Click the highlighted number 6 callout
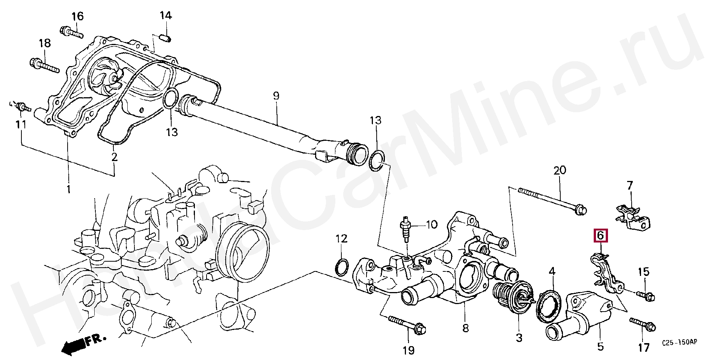coord(600,236)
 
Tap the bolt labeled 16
coord(71,32)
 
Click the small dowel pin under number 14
coord(166,38)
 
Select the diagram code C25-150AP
coord(679,343)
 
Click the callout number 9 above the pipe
coord(276,96)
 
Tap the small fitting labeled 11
coord(23,107)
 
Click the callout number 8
coord(465,328)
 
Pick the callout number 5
coord(600,346)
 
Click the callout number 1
coord(68,189)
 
